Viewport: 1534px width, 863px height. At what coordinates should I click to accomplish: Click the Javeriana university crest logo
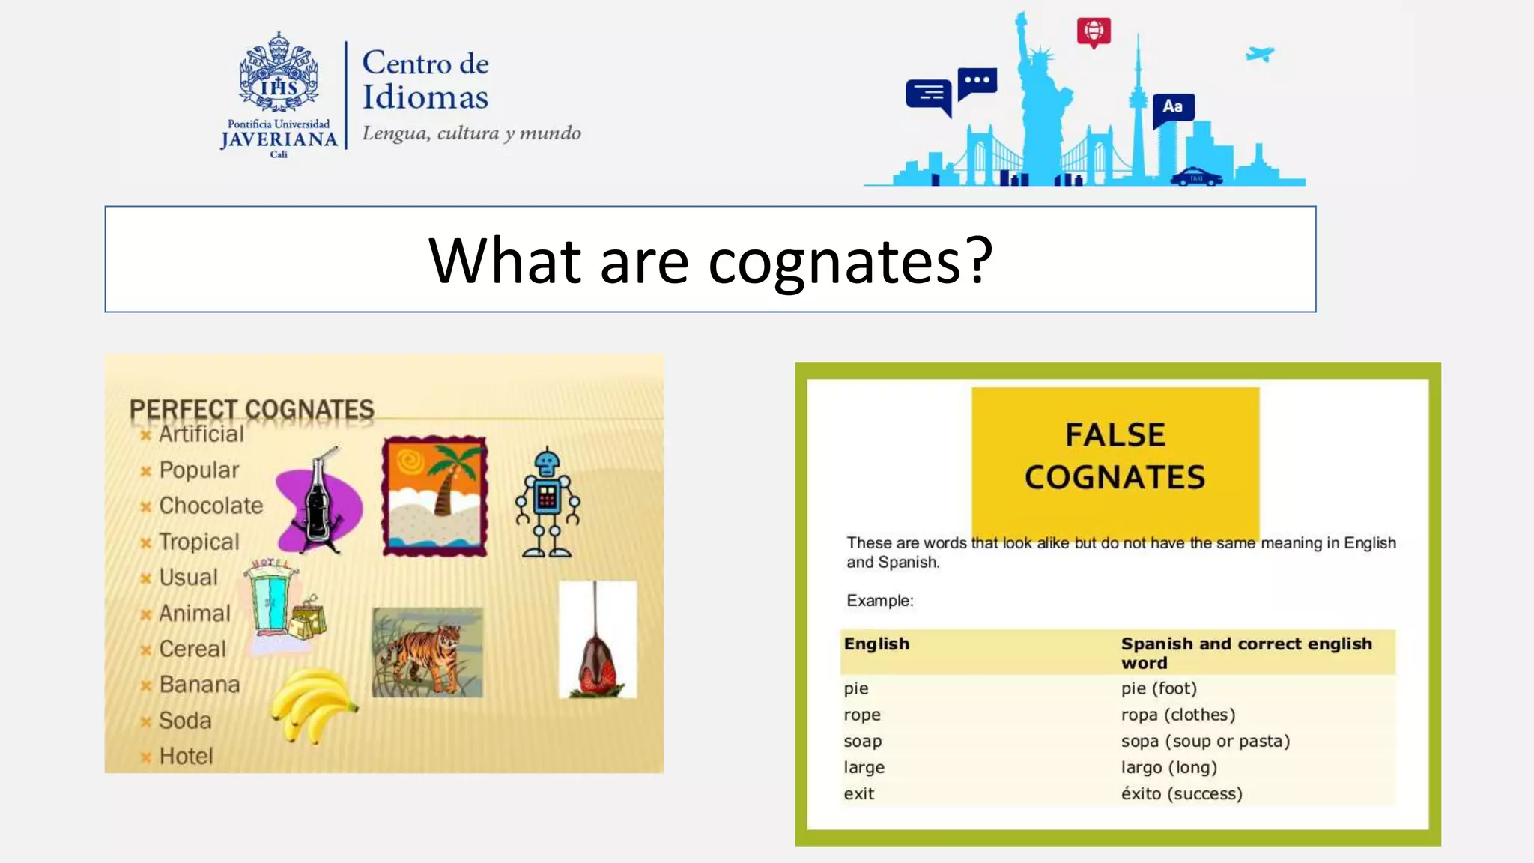pos(279,73)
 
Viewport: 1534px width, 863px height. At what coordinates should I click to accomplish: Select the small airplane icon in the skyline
pos(1260,54)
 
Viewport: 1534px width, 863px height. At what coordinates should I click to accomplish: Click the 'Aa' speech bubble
pos(1172,107)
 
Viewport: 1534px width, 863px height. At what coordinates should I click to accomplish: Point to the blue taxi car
pos(1196,177)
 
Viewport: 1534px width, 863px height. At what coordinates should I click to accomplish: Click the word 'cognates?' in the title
pos(850,261)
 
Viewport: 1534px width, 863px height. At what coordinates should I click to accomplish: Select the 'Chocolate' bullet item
pos(210,506)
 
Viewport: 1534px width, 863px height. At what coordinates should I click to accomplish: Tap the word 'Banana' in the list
pos(199,685)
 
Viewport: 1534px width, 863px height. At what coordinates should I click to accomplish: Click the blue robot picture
pos(548,503)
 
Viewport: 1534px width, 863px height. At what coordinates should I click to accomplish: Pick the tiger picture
pos(428,652)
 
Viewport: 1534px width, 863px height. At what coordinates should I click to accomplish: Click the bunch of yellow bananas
pos(312,703)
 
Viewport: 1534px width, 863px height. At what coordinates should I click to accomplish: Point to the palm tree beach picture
pos(434,496)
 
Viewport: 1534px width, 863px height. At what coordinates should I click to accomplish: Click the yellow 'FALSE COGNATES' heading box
pos(1115,456)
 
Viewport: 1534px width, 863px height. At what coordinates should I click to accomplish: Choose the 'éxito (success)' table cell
pos(1181,793)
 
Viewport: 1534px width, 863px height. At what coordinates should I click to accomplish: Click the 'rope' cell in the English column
pos(862,715)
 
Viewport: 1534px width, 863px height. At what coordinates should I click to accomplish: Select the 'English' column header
pos(876,644)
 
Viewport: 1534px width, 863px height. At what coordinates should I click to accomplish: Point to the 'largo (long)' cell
pos(1168,767)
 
